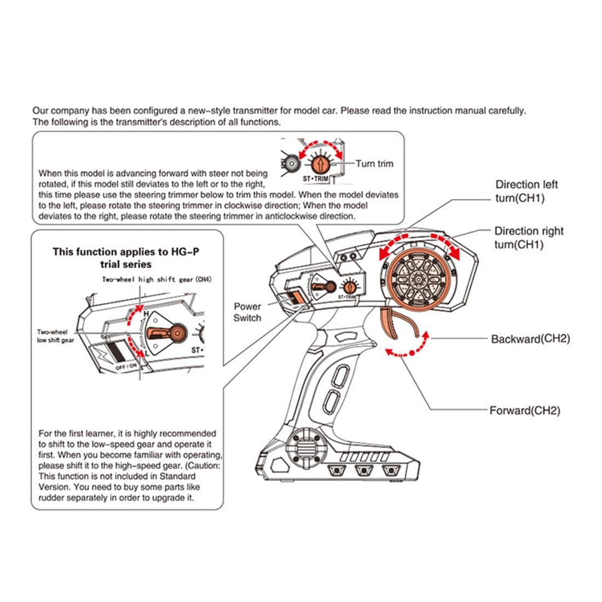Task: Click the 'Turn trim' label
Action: pyautogui.click(x=374, y=164)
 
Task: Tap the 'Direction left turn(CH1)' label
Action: pyautogui.click(x=526, y=191)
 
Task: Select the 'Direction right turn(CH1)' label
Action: pyautogui.click(x=529, y=238)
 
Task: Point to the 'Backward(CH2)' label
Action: pyautogui.click(x=530, y=339)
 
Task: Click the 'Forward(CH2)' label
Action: pyautogui.click(x=524, y=410)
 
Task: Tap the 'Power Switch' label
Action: pyautogui.click(x=247, y=312)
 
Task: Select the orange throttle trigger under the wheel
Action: pyautogui.click(x=402, y=323)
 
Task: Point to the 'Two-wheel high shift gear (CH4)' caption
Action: pyautogui.click(x=157, y=279)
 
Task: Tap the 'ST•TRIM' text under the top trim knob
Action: pyautogui.click(x=315, y=178)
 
